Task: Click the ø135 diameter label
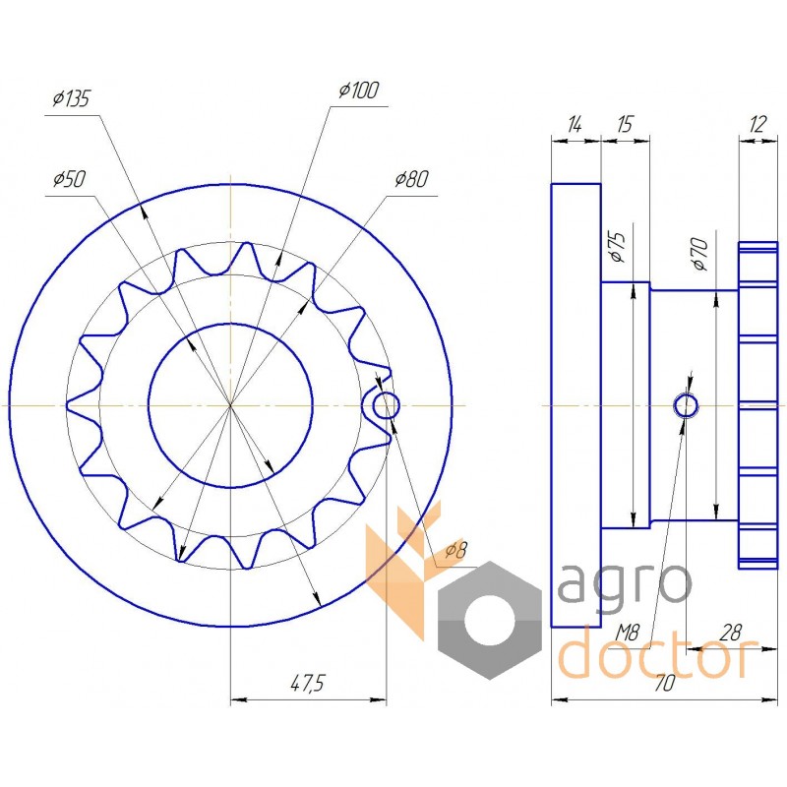[71, 99]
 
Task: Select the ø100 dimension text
[359, 91]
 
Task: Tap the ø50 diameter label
[69, 179]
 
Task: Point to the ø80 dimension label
[411, 179]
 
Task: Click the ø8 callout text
[455, 551]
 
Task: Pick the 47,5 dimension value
[308, 683]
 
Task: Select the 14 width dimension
[575, 124]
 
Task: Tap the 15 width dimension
[625, 124]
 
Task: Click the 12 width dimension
[757, 124]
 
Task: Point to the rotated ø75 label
[617, 247]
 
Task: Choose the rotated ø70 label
[699, 255]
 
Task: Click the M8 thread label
[628, 634]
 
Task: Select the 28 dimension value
[731, 634]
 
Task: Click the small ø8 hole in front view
[386, 404]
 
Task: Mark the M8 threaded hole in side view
[686, 405]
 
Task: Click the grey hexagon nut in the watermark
[489, 621]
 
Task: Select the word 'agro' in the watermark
[626, 585]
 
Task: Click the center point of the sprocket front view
[230, 404]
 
